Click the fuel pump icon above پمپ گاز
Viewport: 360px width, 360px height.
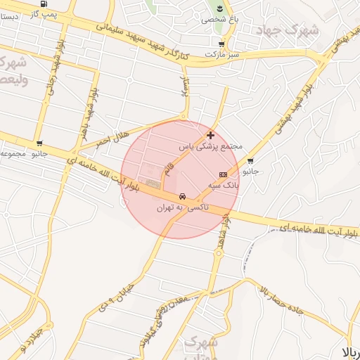pos(46,4)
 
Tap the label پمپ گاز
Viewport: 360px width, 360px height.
pos(44,13)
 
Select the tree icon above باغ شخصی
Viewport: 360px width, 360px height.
pos(220,8)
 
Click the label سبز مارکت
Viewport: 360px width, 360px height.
pos(222,53)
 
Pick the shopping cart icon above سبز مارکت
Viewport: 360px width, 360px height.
pos(221,44)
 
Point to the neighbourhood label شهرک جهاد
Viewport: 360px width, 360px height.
pos(297,31)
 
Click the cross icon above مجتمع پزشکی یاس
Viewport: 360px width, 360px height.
pos(210,135)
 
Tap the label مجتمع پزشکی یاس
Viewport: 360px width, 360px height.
pos(210,146)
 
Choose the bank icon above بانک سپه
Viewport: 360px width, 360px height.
pos(223,174)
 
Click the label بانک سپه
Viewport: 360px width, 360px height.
pos(224,186)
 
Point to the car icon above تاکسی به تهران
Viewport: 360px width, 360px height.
pos(183,196)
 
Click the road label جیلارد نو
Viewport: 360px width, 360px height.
pos(32,340)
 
